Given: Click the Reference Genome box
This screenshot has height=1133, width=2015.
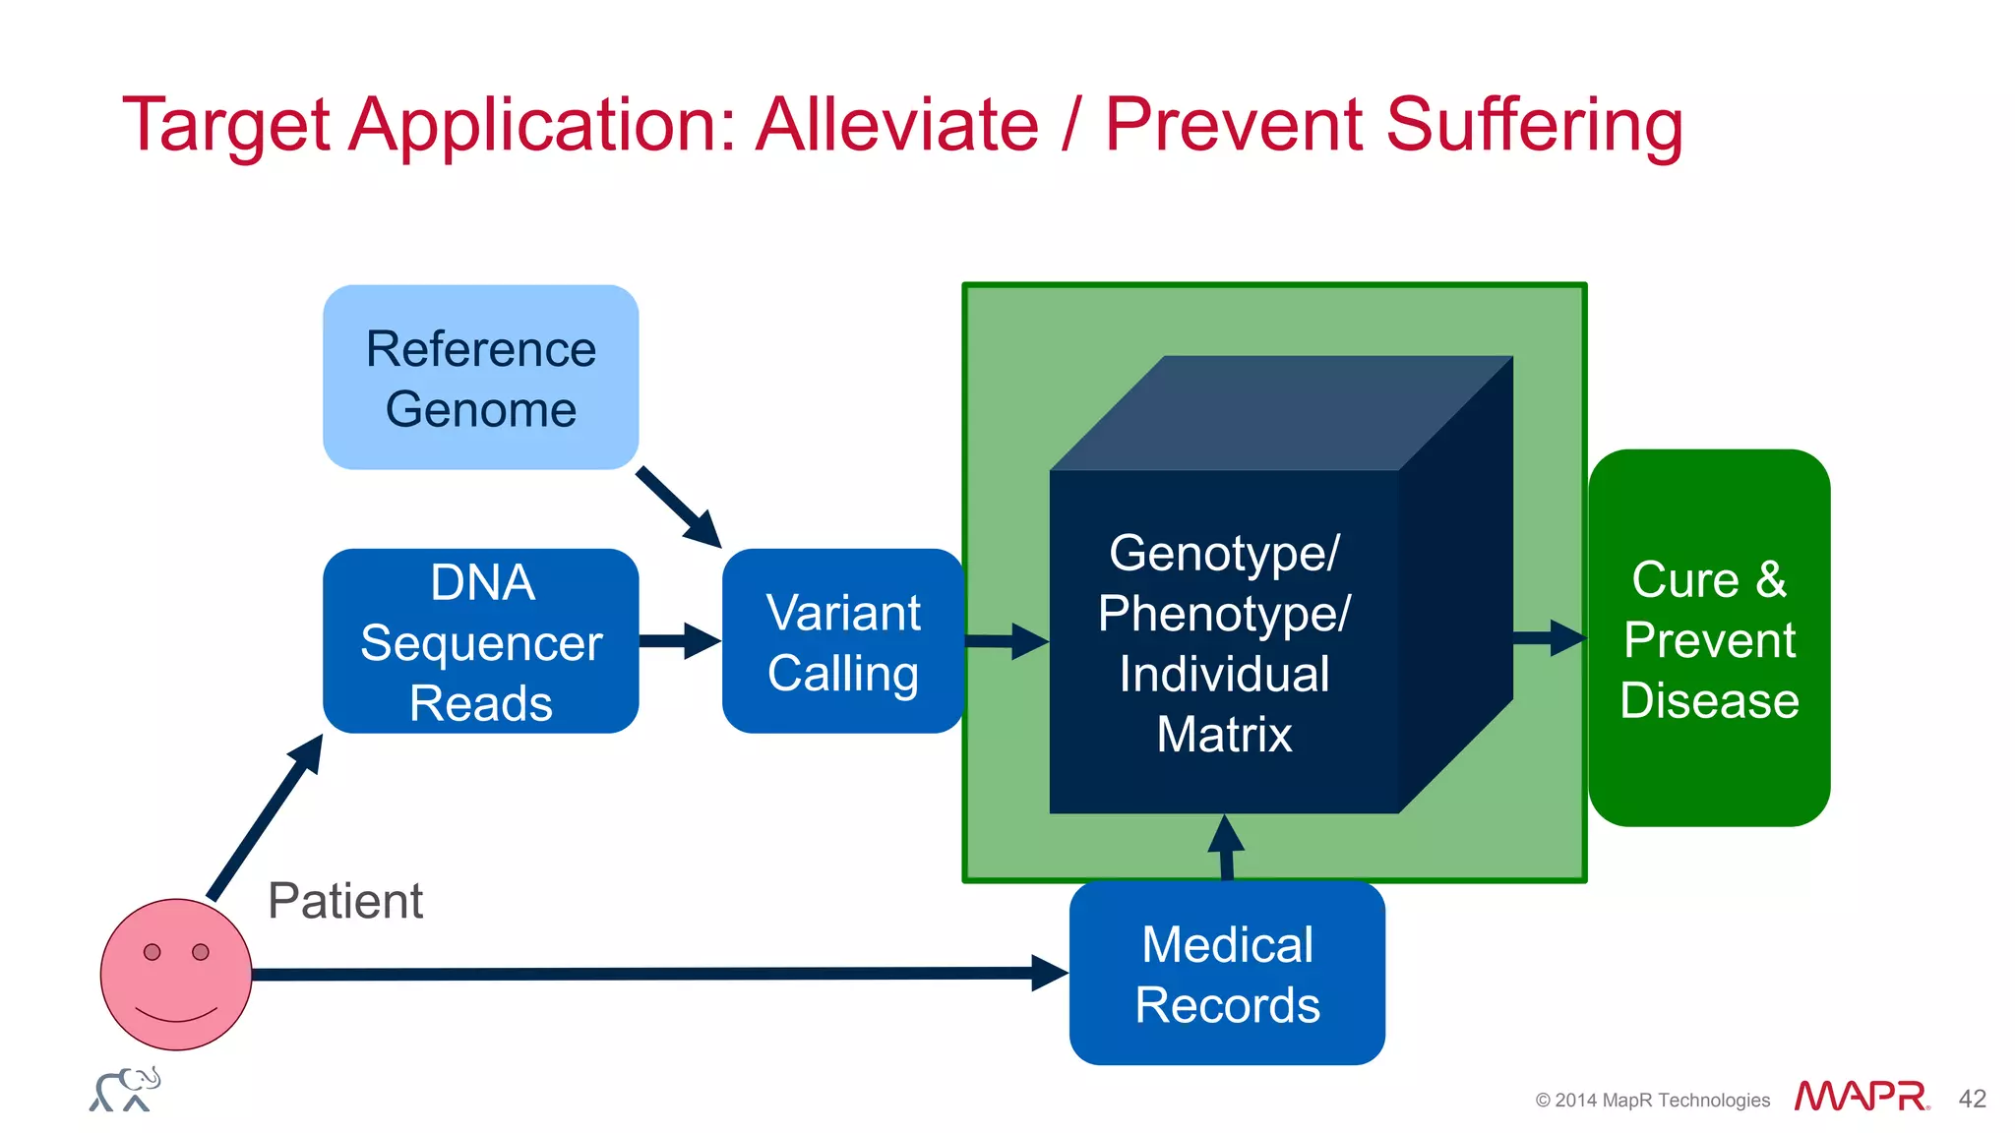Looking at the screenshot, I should pyautogui.click(x=480, y=378).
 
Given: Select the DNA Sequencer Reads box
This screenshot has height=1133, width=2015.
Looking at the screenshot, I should pyautogui.click(x=480, y=641).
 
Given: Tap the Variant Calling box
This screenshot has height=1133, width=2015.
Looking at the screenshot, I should pyautogui.click(x=842, y=641).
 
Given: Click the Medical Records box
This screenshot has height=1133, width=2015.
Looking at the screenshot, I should pyautogui.click(x=1227, y=973).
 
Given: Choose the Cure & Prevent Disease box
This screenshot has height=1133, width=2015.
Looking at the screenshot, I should pyautogui.click(x=1709, y=638).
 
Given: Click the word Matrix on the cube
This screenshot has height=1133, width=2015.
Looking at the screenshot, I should pyautogui.click(x=1224, y=735).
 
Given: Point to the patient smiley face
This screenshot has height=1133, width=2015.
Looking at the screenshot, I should pyautogui.click(x=176, y=974).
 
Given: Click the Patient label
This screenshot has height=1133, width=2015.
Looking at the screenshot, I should pyautogui.click(x=345, y=901).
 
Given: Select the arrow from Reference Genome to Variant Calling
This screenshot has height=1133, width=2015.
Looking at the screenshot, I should pyautogui.click(x=679, y=507).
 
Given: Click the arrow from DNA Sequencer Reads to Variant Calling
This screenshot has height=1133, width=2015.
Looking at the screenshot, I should pyautogui.click(x=680, y=641).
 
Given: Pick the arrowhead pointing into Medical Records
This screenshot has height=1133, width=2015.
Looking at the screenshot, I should pyautogui.click(x=1050, y=973).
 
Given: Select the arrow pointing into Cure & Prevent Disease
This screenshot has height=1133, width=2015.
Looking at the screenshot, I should pyautogui.click(x=1551, y=638).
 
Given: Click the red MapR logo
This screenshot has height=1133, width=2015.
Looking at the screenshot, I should pyautogui.click(x=1861, y=1096).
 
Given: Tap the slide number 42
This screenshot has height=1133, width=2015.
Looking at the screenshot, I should pyautogui.click(x=1972, y=1099).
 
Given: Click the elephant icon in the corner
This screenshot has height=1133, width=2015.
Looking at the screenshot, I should pyautogui.click(x=125, y=1090).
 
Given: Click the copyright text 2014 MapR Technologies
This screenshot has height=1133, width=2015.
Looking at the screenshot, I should pyautogui.click(x=1653, y=1101).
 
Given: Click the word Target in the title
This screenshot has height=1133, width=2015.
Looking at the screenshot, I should pyautogui.click(x=225, y=126).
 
